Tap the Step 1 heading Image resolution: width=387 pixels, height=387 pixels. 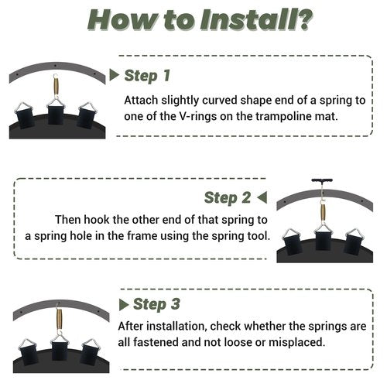click(x=147, y=76)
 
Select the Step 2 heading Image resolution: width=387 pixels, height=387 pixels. click(x=228, y=198)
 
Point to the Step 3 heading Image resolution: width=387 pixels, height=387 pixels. click(x=156, y=304)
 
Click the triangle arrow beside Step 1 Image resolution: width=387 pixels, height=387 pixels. click(x=115, y=75)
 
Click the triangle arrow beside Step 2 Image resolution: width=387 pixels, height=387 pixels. click(x=262, y=197)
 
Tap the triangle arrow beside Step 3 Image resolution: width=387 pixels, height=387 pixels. click(x=124, y=305)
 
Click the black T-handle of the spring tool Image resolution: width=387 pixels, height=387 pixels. click(x=322, y=180)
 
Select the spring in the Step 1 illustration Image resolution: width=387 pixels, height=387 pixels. click(x=56, y=87)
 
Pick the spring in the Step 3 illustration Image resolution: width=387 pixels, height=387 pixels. click(x=60, y=319)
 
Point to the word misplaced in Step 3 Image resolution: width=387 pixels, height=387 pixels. click(x=296, y=343)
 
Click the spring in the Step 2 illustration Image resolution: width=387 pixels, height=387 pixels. click(x=323, y=212)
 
